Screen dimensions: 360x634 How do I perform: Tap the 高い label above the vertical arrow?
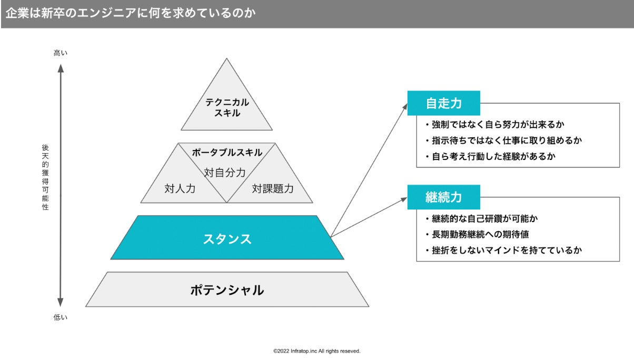(61, 53)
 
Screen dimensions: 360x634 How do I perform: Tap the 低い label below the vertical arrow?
(61, 317)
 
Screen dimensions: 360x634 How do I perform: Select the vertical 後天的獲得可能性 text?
(45, 177)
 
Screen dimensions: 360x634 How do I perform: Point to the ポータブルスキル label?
(227, 153)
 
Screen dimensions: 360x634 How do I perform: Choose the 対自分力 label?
(225, 172)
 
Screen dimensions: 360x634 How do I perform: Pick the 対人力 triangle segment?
(180, 188)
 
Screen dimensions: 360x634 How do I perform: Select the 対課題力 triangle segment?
(272, 188)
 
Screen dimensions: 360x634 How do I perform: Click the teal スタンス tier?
(227, 238)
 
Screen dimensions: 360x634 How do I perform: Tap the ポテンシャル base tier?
(227, 289)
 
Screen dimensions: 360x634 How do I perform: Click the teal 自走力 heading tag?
(443, 103)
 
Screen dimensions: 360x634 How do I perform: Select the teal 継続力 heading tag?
(443, 197)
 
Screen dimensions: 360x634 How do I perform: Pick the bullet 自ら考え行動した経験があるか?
(490, 156)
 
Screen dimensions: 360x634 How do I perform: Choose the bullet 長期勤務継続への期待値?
(481, 234)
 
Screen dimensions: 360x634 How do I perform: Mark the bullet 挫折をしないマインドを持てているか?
(506, 250)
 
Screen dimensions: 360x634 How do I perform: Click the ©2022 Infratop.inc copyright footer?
(316, 351)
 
